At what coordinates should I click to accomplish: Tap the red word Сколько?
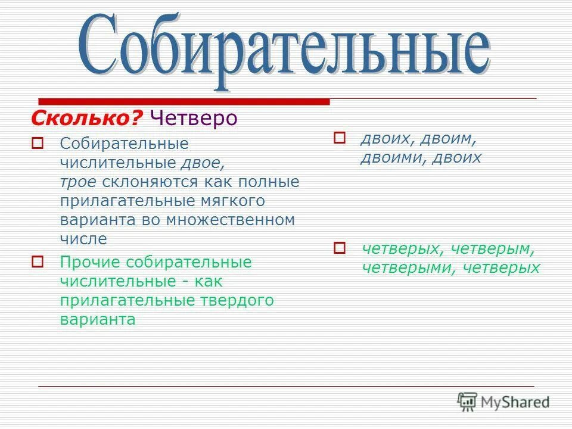[87, 118]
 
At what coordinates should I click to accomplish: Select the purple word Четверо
[194, 118]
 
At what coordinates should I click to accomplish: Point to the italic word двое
[204, 163]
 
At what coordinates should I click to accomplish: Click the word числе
[83, 239]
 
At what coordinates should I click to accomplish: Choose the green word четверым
[493, 248]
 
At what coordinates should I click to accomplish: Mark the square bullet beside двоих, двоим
[339, 138]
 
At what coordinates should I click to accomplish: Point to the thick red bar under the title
[184, 101]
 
